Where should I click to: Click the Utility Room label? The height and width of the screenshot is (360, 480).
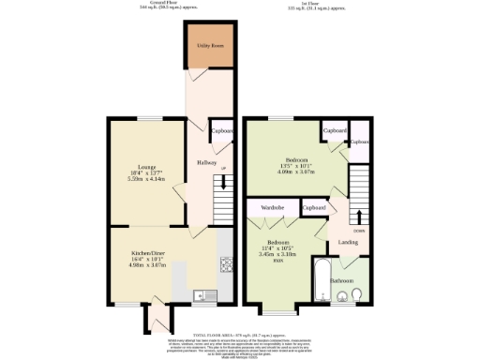coord(209,45)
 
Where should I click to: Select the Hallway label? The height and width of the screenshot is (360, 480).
coord(207,163)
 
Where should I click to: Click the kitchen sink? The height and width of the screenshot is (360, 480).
coord(199,297)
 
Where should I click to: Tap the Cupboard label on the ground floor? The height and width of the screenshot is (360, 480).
coord(222,132)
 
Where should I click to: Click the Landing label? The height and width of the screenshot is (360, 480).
coord(348,243)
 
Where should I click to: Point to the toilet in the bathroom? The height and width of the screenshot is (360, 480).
coord(361,297)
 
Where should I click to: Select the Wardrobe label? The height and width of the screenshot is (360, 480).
coord(273,207)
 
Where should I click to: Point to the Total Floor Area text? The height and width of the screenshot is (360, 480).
coord(240,334)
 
